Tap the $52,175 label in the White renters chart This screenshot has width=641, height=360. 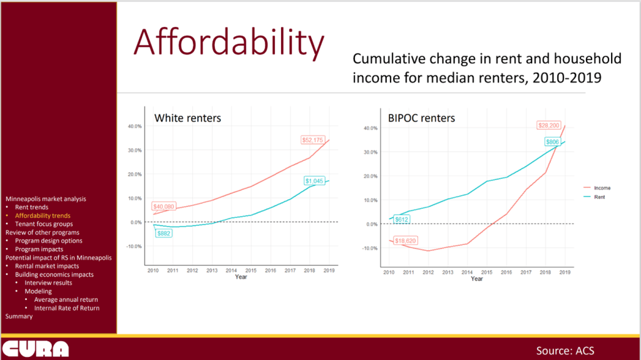coord(312,140)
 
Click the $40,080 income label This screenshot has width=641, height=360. coord(163,207)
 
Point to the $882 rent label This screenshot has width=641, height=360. coord(164,234)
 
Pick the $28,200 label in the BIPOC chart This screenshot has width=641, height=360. coord(548,125)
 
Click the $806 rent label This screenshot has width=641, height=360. coord(553,142)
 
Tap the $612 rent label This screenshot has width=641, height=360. coord(401,220)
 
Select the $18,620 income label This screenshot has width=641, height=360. coord(405,240)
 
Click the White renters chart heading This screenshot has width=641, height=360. coord(187,118)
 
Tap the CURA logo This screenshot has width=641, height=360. coord(35,349)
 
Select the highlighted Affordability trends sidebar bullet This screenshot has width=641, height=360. coord(43,215)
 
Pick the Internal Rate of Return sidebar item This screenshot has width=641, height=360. coord(67,308)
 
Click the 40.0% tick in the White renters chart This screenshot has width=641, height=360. coord(135,126)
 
